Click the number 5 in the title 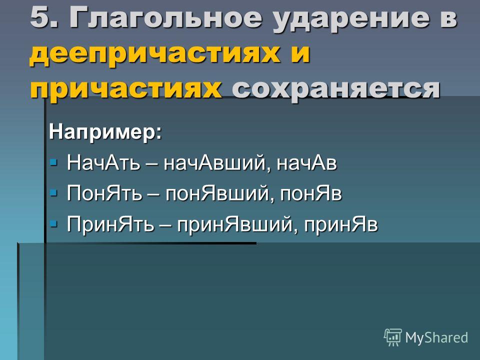point(40,17)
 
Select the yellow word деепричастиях point(154,54)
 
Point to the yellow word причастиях point(126,89)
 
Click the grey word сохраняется point(336,89)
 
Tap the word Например point(105,132)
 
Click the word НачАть point(103,162)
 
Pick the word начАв point(306,163)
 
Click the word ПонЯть point(104,194)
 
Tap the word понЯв point(310,194)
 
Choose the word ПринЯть point(110,224)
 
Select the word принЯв point(340,225)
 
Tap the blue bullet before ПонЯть point(53,193)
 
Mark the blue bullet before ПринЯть point(53,223)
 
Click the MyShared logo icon point(393,337)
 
